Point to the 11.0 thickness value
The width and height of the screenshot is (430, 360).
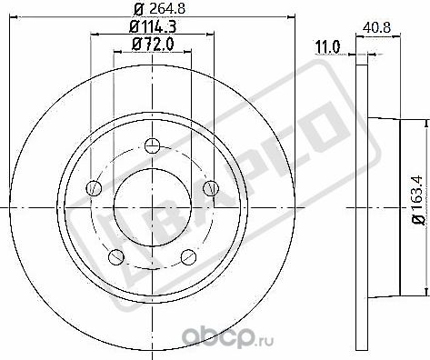pos(325,45)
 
